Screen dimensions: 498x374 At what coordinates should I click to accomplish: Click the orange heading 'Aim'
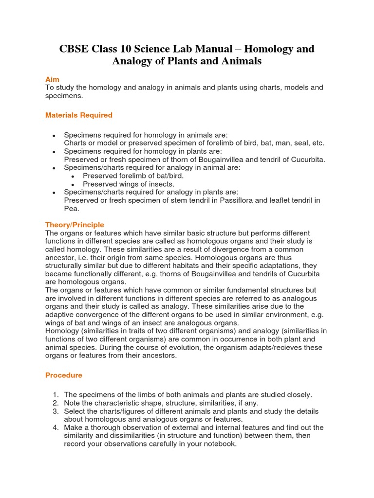coord(52,79)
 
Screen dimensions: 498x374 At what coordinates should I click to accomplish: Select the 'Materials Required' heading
coord(78,115)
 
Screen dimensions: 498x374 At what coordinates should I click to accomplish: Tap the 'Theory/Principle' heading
coord(75,225)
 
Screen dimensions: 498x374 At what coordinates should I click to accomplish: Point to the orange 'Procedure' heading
coord(64,375)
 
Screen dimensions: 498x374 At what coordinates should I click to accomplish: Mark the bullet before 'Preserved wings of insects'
coord(73,185)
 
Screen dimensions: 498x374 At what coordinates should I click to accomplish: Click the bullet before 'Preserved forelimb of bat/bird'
coord(73,176)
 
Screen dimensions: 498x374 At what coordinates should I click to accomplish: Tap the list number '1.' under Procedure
coord(56,394)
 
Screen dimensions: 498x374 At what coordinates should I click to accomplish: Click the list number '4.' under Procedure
coord(56,427)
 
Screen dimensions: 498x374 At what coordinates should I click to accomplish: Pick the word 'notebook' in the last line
coord(220,444)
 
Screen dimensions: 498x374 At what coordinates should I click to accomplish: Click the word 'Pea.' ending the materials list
coord(72,209)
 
